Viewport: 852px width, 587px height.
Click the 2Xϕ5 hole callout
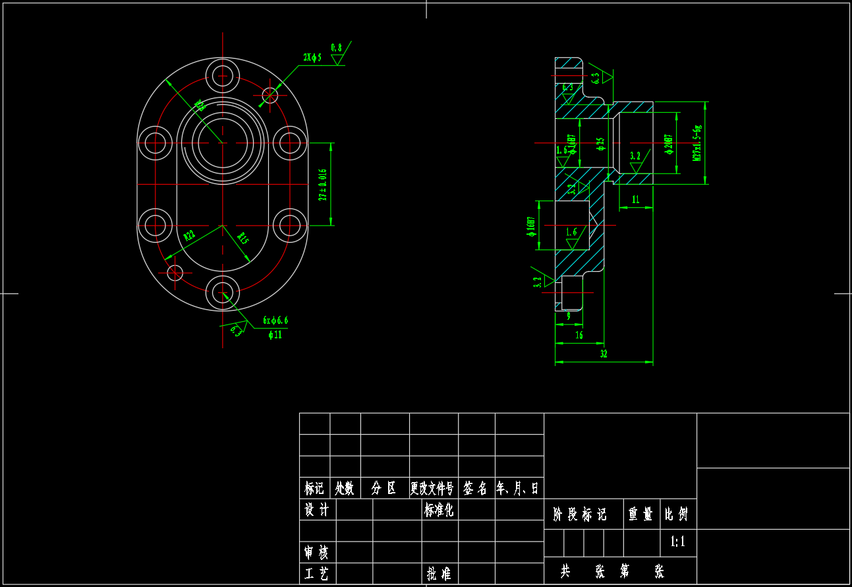(312, 57)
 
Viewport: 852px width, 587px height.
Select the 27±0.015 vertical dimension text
(323, 184)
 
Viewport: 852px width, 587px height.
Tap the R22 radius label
(190, 235)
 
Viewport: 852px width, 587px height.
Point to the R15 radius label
(242, 238)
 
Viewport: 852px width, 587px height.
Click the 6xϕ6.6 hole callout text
(275, 321)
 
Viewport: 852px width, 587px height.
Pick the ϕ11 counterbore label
(275, 334)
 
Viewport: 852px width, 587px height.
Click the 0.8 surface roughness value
(336, 47)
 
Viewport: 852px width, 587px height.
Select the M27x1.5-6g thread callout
(697, 143)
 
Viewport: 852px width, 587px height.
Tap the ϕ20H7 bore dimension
(669, 144)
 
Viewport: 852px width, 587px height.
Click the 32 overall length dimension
(604, 354)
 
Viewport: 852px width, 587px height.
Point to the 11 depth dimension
(635, 199)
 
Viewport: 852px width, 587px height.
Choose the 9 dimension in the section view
(569, 317)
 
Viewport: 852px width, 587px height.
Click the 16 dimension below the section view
(579, 335)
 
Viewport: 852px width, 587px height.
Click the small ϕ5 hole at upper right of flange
(270, 95)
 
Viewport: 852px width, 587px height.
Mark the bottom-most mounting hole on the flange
(223, 292)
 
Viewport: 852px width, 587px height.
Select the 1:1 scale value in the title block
(678, 542)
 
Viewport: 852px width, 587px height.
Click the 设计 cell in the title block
(317, 510)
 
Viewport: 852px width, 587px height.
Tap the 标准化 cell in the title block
(439, 510)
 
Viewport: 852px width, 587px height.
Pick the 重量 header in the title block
(640, 514)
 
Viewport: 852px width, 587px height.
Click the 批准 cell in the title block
(439, 573)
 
